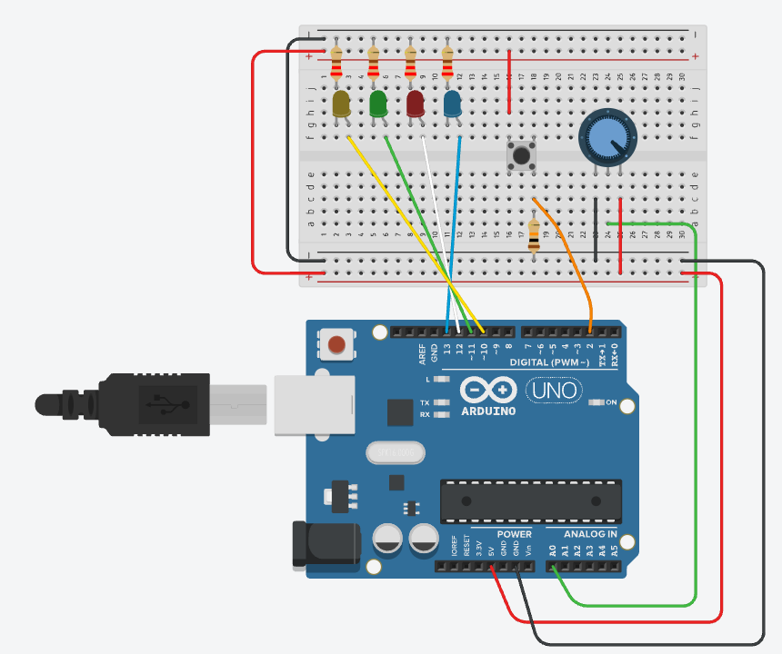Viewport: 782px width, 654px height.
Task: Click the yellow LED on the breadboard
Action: pos(341,104)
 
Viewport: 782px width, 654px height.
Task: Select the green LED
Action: pos(378,104)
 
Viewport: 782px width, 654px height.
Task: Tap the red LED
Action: pos(416,104)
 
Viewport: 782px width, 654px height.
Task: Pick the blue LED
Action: pos(452,104)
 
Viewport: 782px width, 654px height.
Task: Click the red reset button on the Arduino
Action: pos(336,344)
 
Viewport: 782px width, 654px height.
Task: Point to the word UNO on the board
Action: pos(550,391)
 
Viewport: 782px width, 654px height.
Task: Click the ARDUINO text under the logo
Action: pos(487,411)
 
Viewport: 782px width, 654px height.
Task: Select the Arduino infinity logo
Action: pos(487,391)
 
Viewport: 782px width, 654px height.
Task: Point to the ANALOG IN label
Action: pos(590,533)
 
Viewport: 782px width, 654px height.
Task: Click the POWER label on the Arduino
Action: pos(514,533)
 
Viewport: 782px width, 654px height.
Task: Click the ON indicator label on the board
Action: pos(610,402)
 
